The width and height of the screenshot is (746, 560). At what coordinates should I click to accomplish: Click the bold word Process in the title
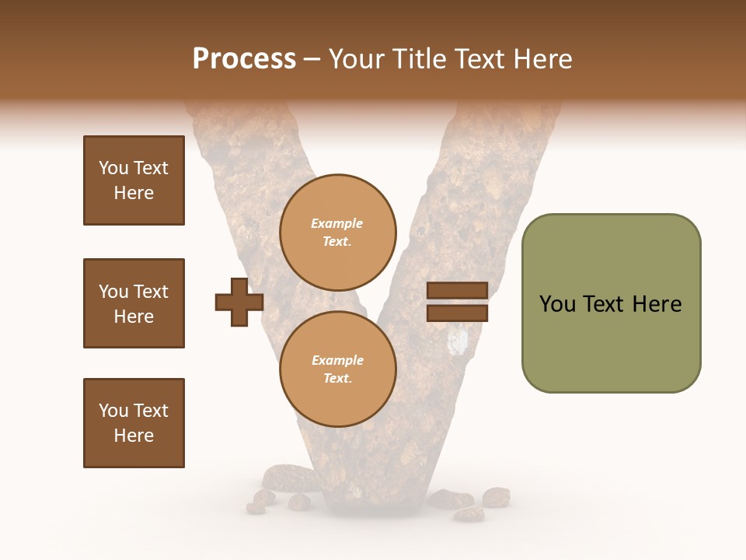coord(244,59)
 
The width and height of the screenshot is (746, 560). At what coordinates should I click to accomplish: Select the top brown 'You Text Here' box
coord(134,180)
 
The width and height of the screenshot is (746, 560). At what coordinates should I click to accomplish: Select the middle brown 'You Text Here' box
coord(134,303)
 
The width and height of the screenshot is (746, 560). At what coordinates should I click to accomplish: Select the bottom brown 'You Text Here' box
coord(134,423)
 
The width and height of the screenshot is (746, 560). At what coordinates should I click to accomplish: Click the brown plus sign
coord(239,302)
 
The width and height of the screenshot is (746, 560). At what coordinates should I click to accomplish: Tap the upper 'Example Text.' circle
coord(337,233)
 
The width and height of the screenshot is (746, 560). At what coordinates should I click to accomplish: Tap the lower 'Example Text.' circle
coord(337,369)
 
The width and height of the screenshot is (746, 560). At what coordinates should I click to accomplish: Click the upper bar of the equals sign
coord(457,290)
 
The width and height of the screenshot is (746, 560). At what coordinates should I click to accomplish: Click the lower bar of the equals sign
coord(457,313)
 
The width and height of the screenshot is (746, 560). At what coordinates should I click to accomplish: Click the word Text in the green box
coord(603,304)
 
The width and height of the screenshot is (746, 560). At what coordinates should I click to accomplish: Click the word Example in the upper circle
coord(337,223)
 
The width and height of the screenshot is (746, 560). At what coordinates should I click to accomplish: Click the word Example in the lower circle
coord(337,360)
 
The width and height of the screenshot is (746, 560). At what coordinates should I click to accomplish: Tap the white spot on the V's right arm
coord(460,340)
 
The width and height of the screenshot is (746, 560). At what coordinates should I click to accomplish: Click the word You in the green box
coord(556,304)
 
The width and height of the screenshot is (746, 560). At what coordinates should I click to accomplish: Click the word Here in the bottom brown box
coord(134,436)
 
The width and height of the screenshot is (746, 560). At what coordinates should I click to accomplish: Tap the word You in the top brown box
coord(113,168)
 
